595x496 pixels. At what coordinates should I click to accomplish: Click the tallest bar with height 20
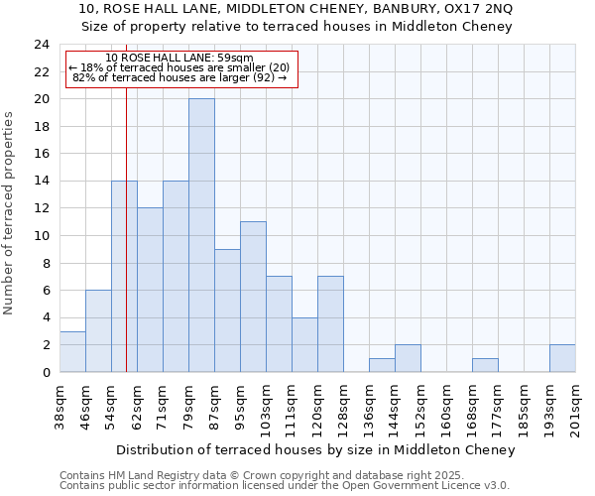(x=201, y=235)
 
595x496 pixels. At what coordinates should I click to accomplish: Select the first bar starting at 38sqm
(x=72, y=351)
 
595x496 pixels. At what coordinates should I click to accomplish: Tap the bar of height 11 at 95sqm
(x=253, y=297)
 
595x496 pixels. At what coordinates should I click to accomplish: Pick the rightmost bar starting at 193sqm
(x=562, y=358)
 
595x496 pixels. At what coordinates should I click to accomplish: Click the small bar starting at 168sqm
(x=485, y=365)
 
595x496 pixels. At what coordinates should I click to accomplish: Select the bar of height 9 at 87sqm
(x=227, y=310)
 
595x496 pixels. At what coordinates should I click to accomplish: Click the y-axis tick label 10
(x=41, y=236)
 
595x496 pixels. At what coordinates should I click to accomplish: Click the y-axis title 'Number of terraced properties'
(x=9, y=212)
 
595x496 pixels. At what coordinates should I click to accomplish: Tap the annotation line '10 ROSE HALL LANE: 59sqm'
(x=179, y=58)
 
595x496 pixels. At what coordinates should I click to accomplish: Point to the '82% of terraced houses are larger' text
(x=179, y=77)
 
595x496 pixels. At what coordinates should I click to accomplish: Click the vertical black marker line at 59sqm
(x=126, y=248)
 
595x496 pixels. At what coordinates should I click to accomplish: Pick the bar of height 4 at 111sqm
(x=304, y=344)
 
